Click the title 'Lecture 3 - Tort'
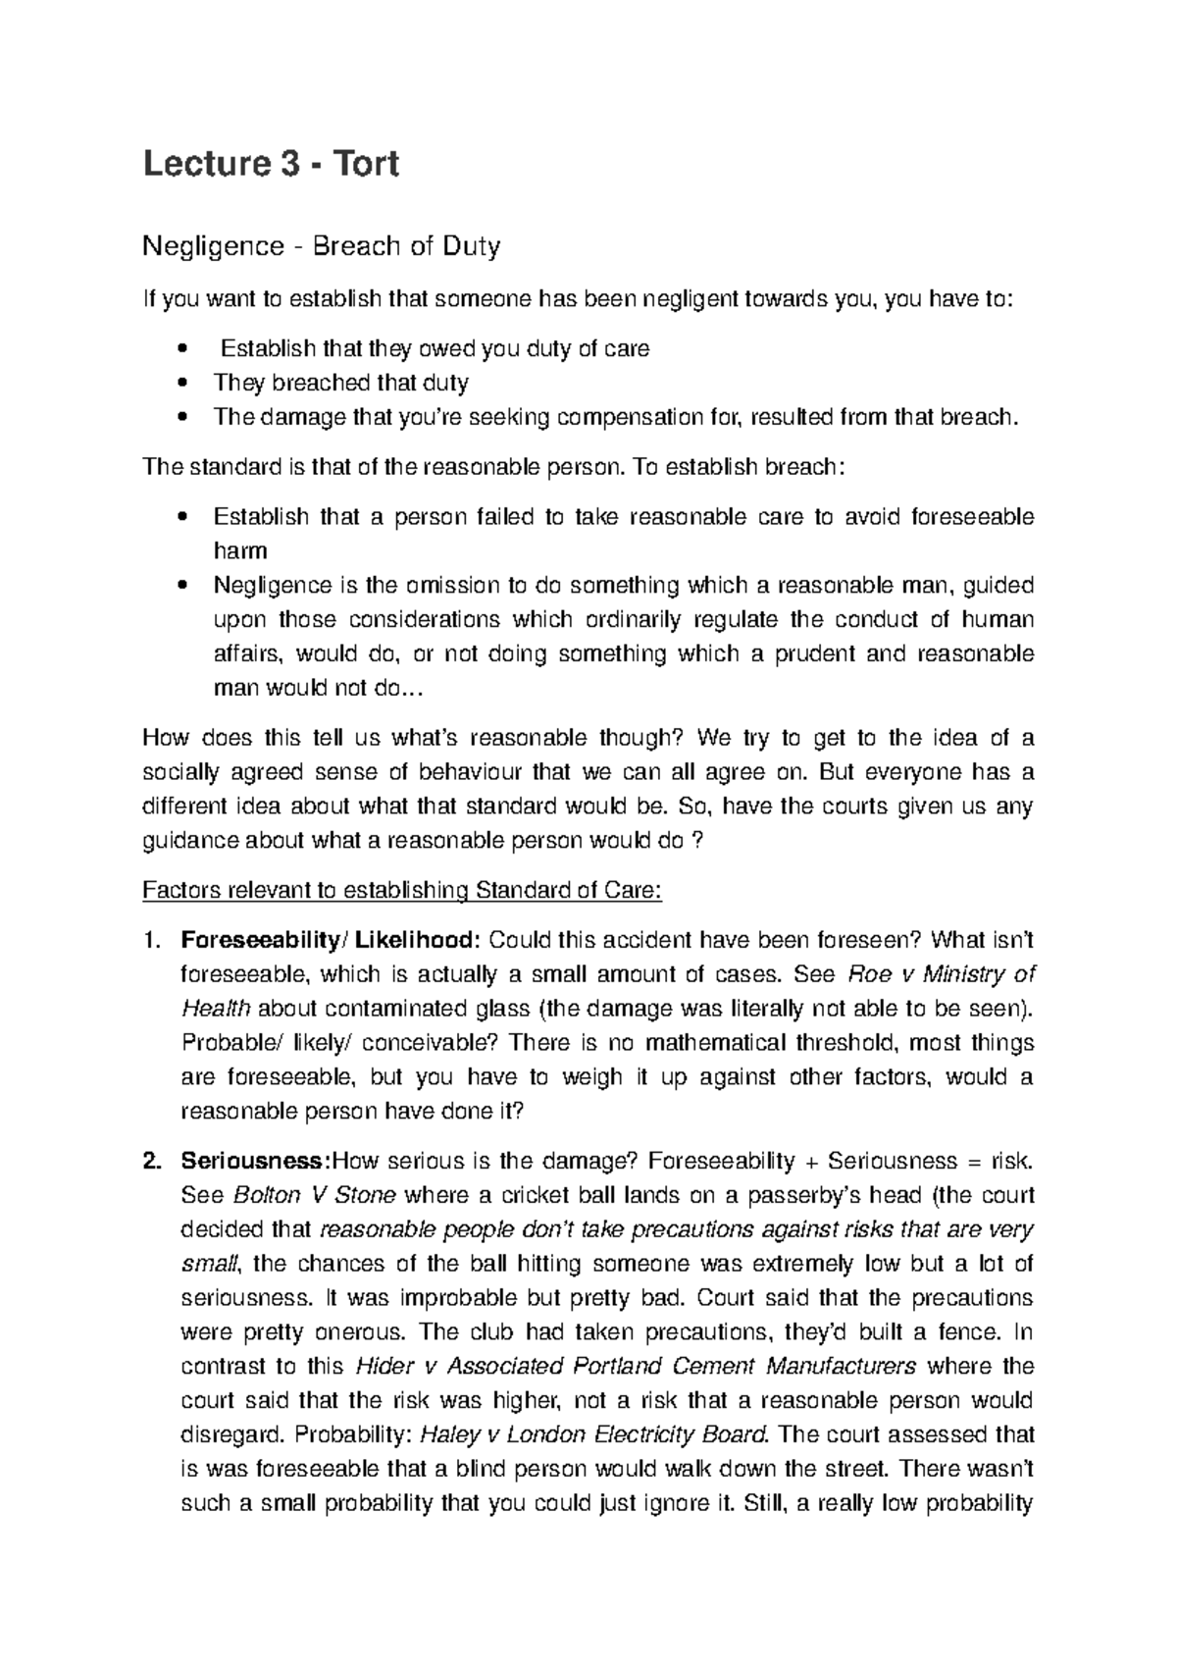(x=271, y=163)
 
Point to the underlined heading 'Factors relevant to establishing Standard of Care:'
(x=403, y=891)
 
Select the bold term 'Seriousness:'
(x=256, y=1162)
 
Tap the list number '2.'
(x=152, y=1162)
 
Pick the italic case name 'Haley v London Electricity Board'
(x=593, y=1434)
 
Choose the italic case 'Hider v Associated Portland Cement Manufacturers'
(x=636, y=1367)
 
